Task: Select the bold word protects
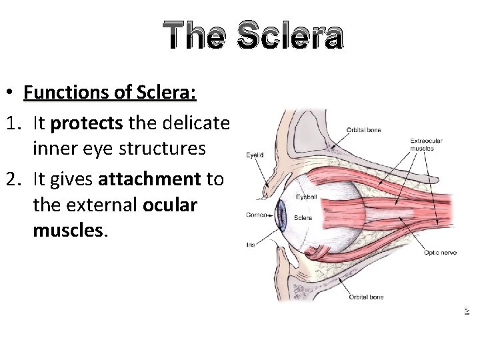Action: click(83, 124)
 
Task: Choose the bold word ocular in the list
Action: click(170, 205)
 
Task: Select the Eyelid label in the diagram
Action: click(255, 155)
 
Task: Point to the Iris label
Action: click(250, 245)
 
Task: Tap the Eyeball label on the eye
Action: click(307, 197)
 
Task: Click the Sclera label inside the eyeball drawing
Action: click(303, 217)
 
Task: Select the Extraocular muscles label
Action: click(426, 144)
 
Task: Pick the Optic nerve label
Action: click(439, 252)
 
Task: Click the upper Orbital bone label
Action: click(363, 130)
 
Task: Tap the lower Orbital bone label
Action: click(365, 297)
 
